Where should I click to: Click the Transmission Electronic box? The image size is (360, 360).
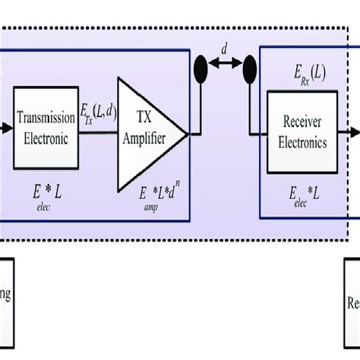(x=46, y=128)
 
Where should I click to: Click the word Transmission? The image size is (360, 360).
(x=46, y=120)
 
